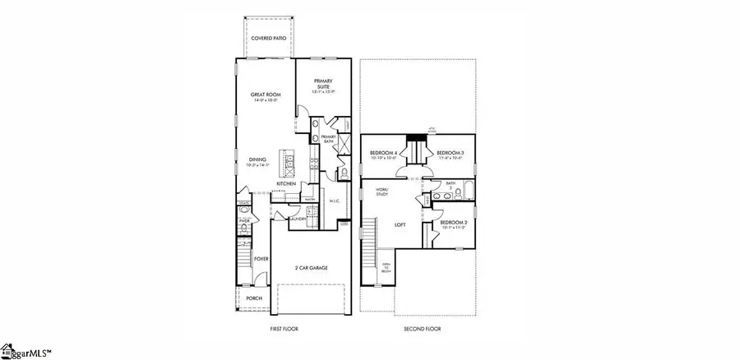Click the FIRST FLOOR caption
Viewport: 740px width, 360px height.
click(284, 328)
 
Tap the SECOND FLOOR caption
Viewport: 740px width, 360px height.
click(423, 328)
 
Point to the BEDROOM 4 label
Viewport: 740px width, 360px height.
click(384, 154)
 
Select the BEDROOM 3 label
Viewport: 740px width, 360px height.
click(451, 154)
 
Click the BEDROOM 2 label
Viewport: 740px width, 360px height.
click(453, 223)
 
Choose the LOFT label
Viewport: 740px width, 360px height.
click(401, 224)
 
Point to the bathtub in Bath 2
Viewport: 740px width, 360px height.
click(462, 193)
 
